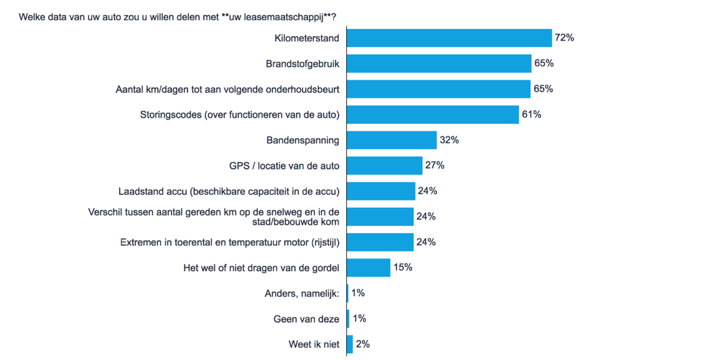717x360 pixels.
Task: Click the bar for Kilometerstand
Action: pos(449,38)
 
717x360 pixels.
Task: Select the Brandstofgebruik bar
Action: pos(439,63)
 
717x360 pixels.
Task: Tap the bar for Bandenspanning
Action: pos(391,140)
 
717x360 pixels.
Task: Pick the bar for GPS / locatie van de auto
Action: pos(384,165)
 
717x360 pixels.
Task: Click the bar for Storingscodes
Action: pos(433,115)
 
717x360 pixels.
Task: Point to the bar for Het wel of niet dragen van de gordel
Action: pos(368,267)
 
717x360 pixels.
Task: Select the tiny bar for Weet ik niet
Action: pos(349,344)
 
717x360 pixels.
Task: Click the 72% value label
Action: pos(564,38)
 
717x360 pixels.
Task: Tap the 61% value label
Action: pos(532,115)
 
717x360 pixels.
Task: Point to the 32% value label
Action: pos(449,140)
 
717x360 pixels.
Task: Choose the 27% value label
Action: pos(435,165)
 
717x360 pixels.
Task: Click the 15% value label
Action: pos(403,267)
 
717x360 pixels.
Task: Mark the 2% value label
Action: pos(363,344)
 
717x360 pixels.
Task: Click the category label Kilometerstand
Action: pos(307,38)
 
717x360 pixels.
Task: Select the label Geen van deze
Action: pos(306,319)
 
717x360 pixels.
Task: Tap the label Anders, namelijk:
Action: pos(302,293)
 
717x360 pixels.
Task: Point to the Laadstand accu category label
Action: pos(229,191)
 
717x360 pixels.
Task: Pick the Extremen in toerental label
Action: pos(229,242)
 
